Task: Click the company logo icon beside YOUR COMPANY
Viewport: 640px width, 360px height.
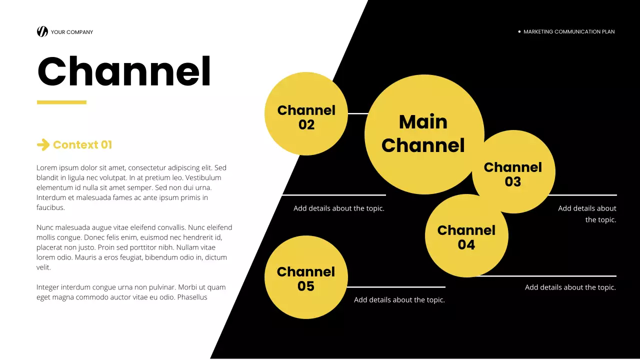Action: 42,31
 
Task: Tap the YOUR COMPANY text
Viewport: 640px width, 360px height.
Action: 72,32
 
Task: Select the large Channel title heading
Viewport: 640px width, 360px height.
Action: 124,72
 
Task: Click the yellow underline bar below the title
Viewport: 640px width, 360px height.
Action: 61,102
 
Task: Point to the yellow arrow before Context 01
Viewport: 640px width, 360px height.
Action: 43,145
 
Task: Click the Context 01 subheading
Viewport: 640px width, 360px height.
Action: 82,145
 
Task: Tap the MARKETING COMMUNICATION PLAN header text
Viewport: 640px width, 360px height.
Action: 569,31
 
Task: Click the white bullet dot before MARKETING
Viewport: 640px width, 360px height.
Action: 519,31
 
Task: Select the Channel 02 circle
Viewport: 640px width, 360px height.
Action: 306,114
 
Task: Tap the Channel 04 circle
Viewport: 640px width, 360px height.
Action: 466,236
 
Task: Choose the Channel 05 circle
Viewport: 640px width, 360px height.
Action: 306,277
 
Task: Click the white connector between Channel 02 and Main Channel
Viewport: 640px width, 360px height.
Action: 357,113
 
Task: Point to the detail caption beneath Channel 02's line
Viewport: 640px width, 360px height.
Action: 339,208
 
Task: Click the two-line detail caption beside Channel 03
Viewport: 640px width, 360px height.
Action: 587,214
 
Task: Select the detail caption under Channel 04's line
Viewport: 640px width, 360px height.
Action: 570,287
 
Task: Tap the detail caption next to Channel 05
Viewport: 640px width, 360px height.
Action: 399,300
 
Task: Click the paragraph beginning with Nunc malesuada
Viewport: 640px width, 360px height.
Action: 134,247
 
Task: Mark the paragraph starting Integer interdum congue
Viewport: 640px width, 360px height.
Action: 131,292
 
